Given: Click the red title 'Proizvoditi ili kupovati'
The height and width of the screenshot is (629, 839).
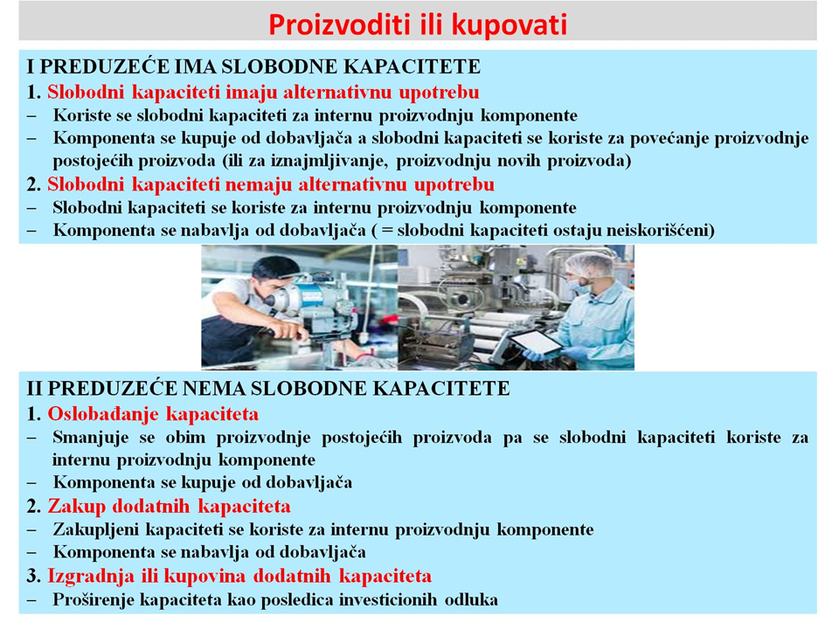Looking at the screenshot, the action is pyautogui.click(x=418, y=25).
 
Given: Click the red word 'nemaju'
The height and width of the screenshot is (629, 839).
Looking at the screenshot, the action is pyautogui.click(x=259, y=184).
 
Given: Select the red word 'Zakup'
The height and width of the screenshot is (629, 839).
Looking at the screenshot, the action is pyautogui.click(x=77, y=507).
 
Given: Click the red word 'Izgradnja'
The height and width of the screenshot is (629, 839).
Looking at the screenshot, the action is pyautogui.click(x=91, y=577).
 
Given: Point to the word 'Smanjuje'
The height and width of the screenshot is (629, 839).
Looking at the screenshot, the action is pyautogui.click(x=90, y=438).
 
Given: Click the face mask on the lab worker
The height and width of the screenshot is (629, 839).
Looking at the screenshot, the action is pyautogui.click(x=577, y=287).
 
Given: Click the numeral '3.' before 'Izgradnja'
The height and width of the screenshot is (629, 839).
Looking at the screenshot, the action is pyautogui.click(x=34, y=577).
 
